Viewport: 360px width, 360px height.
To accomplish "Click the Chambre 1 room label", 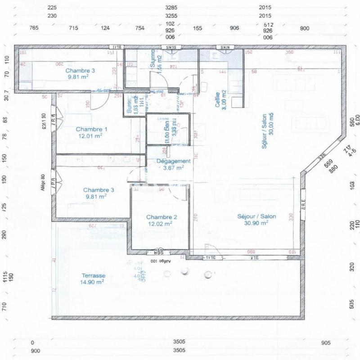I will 89,128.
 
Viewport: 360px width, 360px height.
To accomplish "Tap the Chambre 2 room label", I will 162,216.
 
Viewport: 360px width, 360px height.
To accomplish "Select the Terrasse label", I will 94,276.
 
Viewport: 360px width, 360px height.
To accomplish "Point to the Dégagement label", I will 174,161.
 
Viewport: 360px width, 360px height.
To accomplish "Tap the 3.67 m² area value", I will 173,168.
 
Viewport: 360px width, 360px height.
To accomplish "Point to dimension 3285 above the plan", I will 172,8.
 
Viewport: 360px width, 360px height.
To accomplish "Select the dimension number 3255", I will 172,16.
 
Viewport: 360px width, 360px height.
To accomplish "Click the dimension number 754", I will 140,28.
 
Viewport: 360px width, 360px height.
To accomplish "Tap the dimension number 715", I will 74,28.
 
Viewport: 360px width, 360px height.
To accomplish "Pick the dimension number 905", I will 326,343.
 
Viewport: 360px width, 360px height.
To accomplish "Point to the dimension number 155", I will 198,28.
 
